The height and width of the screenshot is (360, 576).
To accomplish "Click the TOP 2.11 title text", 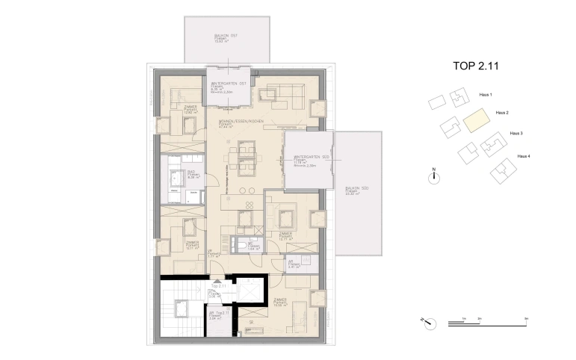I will point(475,66).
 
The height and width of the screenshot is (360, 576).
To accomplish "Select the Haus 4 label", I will point(524,155).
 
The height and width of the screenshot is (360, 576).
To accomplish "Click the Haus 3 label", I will point(515,133).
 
